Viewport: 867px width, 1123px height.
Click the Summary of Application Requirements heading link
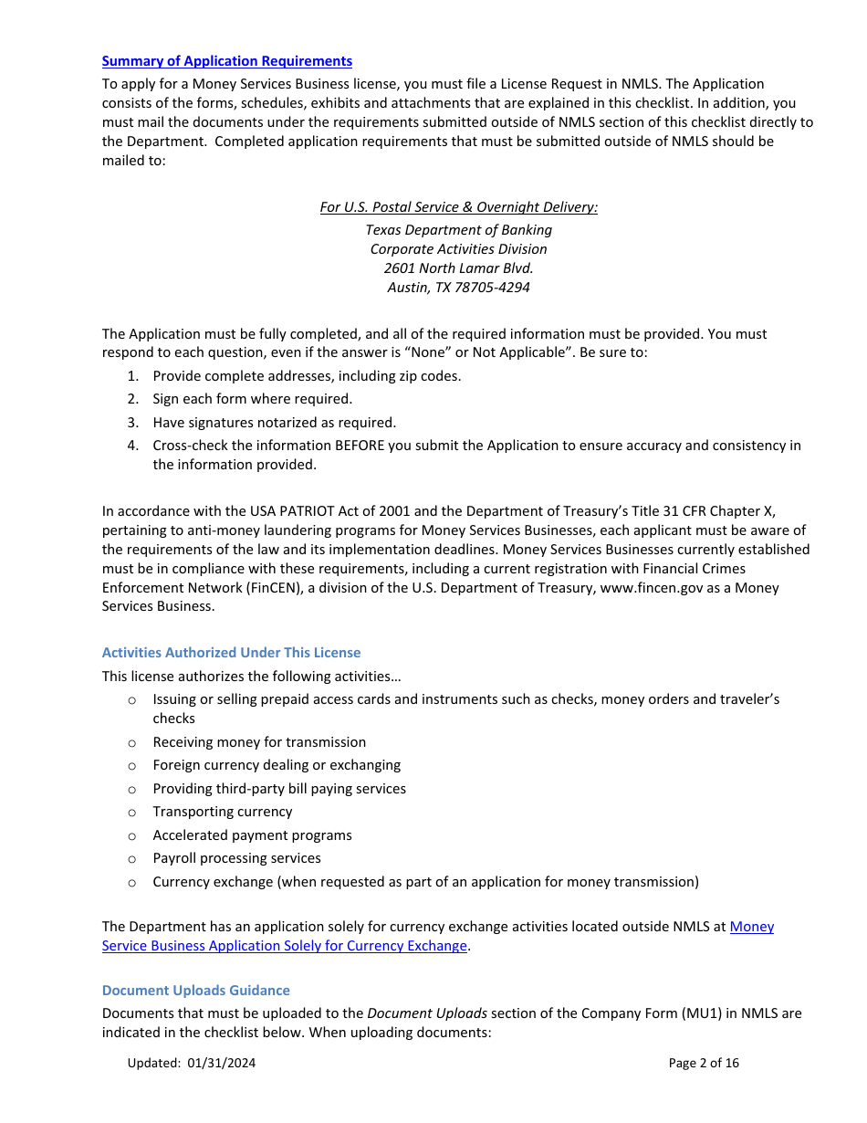(x=226, y=61)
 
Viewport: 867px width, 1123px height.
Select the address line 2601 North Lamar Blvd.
(x=458, y=268)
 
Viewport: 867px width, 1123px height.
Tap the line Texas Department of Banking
(x=458, y=230)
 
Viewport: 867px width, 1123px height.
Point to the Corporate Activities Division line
(x=458, y=249)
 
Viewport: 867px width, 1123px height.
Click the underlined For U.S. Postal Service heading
(x=458, y=207)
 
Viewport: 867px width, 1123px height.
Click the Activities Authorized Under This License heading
(x=231, y=653)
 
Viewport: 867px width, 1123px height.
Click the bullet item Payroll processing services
(x=236, y=858)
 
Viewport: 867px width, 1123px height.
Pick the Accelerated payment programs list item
(x=252, y=835)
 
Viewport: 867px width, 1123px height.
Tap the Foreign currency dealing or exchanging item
(x=277, y=765)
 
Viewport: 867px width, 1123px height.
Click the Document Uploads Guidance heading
(x=195, y=991)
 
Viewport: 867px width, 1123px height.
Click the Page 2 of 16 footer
(x=704, y=1063)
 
